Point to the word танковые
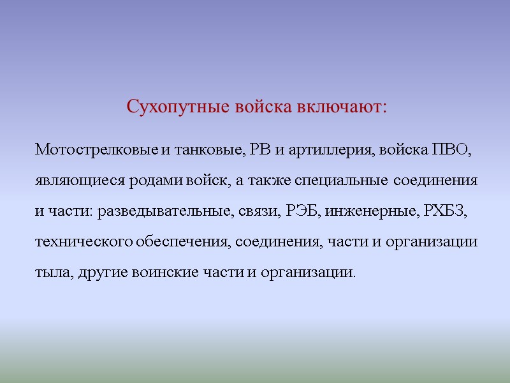208,151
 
